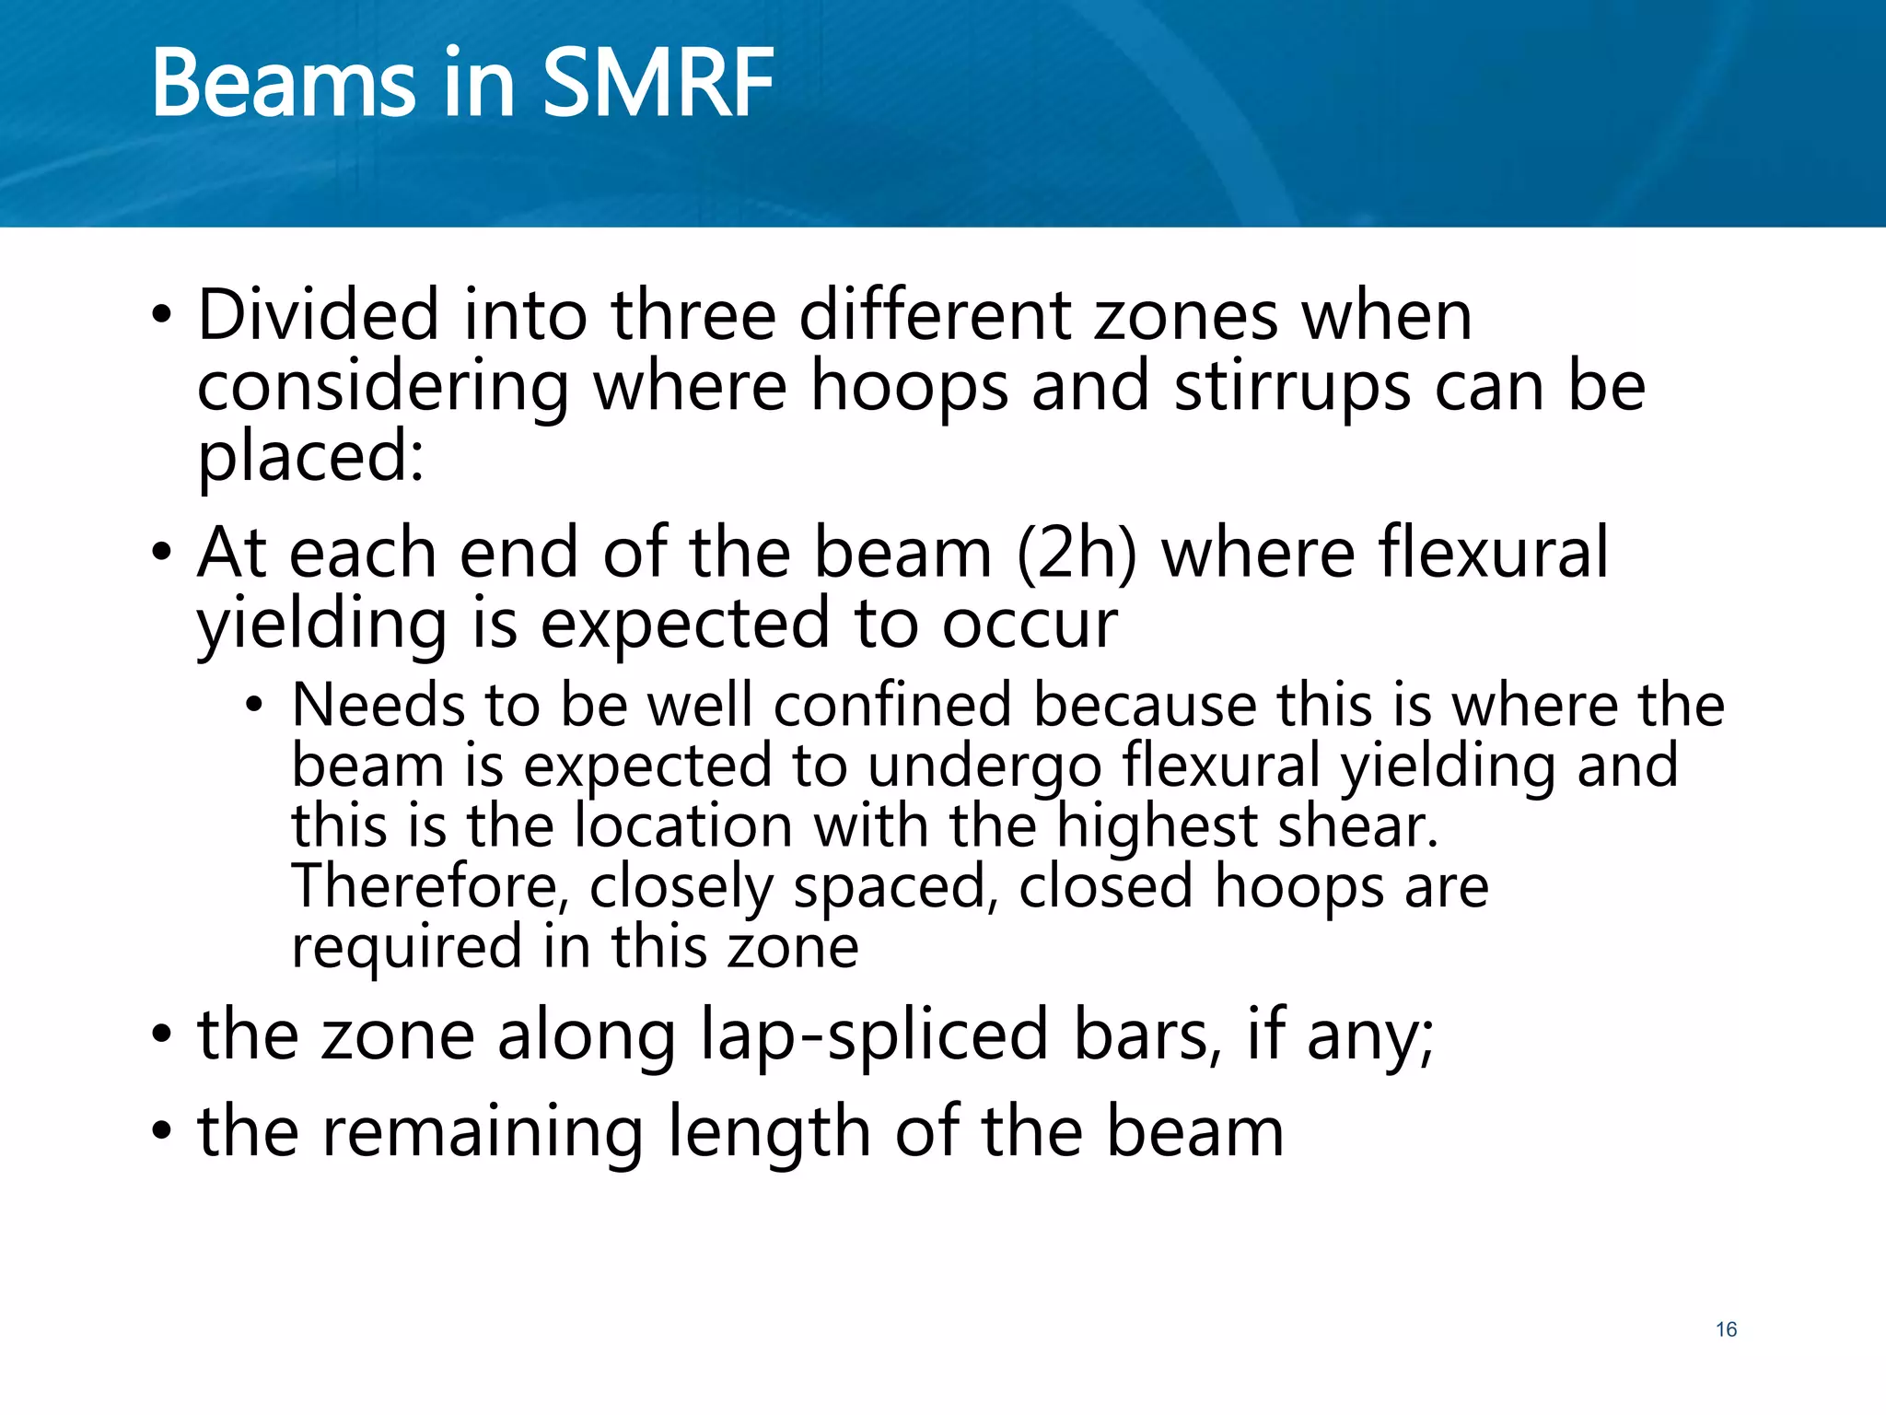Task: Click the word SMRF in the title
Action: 658,84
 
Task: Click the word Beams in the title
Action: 284,84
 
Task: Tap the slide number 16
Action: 1726,1329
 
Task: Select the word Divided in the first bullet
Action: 318,316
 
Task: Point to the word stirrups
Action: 1293,387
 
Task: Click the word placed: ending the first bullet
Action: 310,458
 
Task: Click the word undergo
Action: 984,766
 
